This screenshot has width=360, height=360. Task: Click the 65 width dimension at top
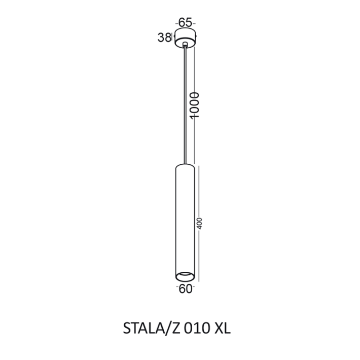[x=185, y=22]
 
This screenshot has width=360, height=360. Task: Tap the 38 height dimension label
[x=164, y=38]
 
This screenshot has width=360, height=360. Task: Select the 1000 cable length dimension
[x=195, y=105]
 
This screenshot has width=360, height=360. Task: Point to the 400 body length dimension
[x=199, y=223]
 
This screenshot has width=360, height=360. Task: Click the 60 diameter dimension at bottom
[x=185, y=289]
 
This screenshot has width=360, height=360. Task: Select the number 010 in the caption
[x=197, y=329]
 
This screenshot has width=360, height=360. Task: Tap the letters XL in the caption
[x=222, y=329]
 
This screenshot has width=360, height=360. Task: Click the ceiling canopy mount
[x=185, y=38]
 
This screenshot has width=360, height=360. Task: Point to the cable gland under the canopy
[x=185, y=44]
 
